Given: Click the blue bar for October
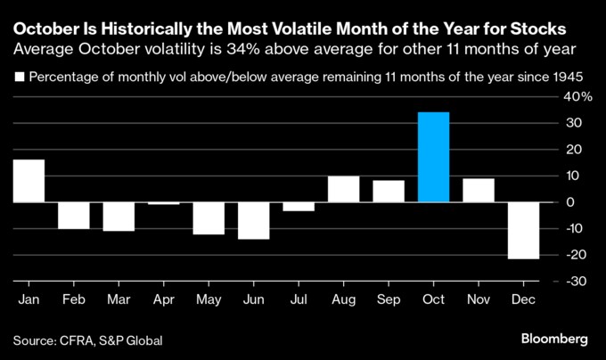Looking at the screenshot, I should [434, 157].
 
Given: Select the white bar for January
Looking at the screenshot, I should [29, 181].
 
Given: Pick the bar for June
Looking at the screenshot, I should [254, 221].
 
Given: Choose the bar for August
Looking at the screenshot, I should [344, 189].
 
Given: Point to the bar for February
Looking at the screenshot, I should [73, 216].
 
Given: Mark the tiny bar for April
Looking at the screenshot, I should [164, 204].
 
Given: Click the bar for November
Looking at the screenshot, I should [479, 191].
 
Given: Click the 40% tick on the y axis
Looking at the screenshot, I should [573, 96].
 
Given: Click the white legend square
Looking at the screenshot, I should [18, 77].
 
